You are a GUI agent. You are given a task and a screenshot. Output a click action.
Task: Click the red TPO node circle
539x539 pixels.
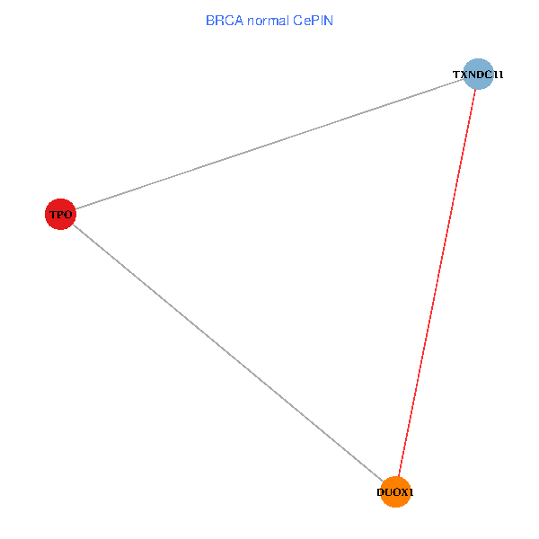pos(60,214)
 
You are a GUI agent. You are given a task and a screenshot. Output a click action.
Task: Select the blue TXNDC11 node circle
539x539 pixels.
pos(478,74)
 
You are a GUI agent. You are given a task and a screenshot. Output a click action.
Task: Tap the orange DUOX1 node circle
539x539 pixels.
pos(395,492)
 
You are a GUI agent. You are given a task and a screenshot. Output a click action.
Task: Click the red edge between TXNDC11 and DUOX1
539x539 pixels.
pos(437,283)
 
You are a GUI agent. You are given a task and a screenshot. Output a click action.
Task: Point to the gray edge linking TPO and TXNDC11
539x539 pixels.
pos(269,144)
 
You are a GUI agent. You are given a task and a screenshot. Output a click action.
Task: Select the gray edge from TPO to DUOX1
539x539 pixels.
pos(228,353)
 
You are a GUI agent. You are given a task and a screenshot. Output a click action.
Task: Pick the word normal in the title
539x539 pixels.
pos(268,21)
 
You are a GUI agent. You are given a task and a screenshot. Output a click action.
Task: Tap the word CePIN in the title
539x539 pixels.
pos(314,21)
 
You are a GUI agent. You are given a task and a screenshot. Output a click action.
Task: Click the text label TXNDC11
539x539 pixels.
pos(478,75)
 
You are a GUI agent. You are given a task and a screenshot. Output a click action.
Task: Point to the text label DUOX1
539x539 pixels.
pos(395,492)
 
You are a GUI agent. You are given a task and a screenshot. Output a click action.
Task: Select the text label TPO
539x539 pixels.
pos(60,215)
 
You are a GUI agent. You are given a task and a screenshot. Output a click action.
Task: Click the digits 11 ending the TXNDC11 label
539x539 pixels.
pos(499,75)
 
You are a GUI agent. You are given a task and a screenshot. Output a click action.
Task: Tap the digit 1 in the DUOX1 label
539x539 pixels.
pos(411,492)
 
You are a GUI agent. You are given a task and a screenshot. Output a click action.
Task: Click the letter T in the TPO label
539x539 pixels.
pos(53,215)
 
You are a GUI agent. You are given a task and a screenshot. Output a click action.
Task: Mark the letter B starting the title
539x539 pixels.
pos(210,21)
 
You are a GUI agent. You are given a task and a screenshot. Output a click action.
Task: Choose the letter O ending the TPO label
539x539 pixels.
pos(68,215)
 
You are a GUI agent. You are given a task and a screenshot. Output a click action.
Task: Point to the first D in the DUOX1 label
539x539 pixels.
pos(381,492)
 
